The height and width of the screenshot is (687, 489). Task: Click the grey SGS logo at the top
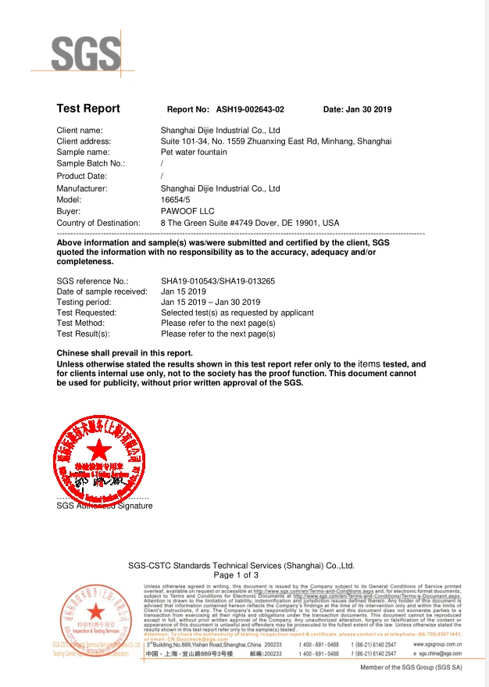tap(86, 52)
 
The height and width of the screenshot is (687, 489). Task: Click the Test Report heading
tap(88, 109)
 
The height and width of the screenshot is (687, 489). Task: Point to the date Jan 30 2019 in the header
tap(369, 110)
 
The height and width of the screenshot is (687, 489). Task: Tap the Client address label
tap(84, 141)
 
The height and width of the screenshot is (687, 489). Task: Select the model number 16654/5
tap(177, 200)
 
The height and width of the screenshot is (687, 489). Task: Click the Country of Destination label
tap(98, 224)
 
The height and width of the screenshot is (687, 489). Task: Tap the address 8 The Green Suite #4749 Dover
tap(250, 224)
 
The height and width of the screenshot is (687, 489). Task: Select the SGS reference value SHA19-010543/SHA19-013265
tap(218, 280)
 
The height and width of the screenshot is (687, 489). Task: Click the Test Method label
tap(80, 323)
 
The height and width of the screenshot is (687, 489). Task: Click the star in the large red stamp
tap(99, 452)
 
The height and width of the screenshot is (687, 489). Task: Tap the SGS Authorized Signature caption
tap(105, 506)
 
